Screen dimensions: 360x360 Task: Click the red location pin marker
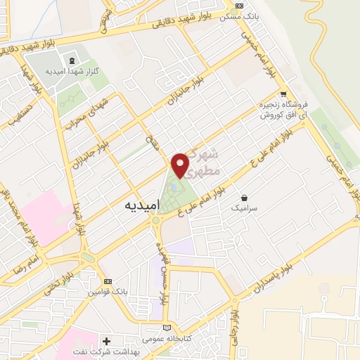coord(181,165)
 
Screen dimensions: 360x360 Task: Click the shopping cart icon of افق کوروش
coord(283,94)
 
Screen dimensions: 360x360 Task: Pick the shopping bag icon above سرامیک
coord(243,198)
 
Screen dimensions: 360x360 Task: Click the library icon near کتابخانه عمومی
coord(167,328)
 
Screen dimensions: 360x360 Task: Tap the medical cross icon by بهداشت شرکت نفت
coord(105,341)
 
